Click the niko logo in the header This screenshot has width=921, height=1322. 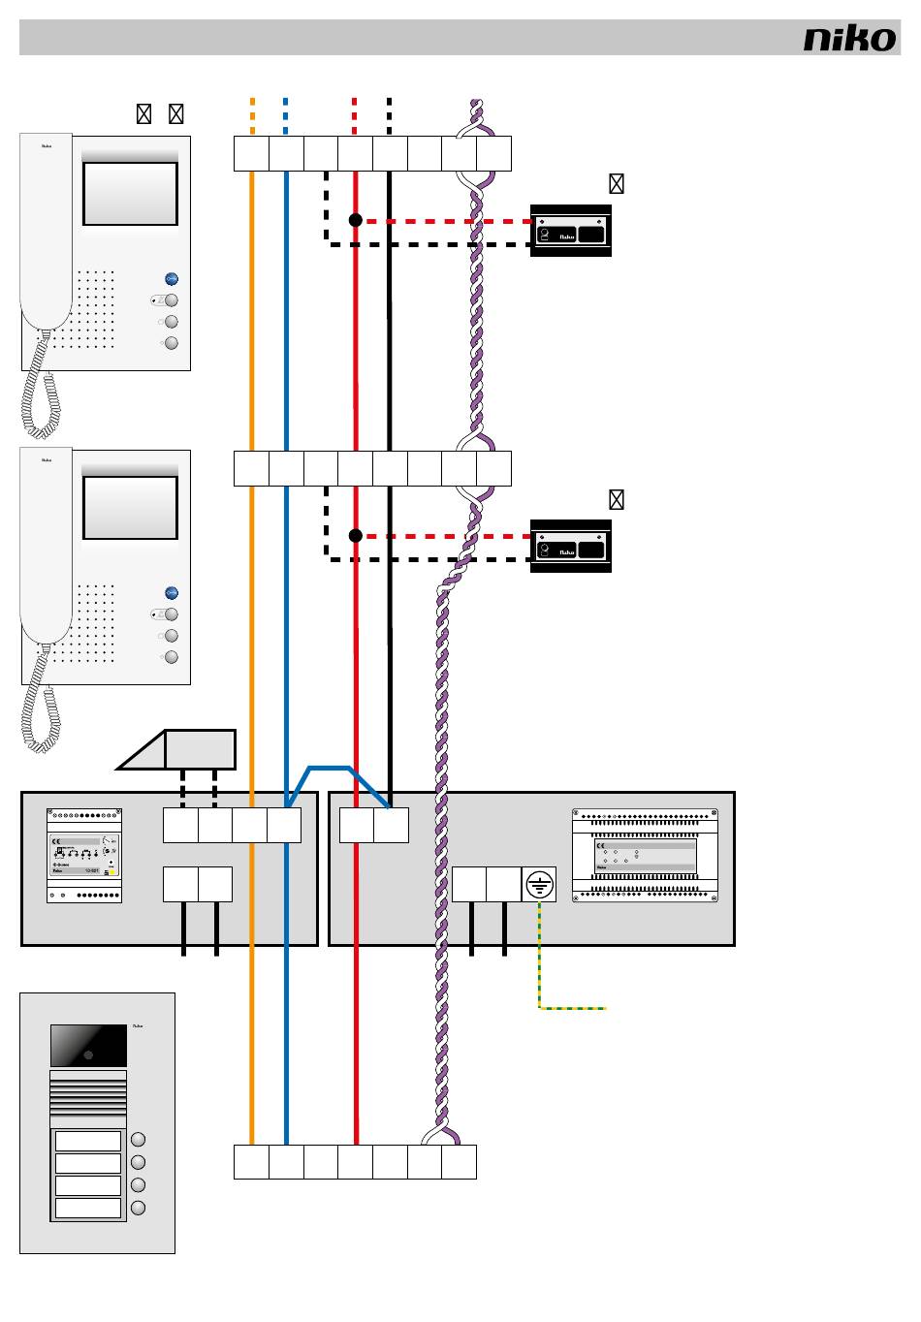coord(849,39)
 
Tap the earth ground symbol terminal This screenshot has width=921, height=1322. coord(539,884)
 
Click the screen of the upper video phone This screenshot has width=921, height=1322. coord(130,194)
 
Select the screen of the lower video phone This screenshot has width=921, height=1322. coord(130,508)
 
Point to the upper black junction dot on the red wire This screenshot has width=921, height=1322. coord(356,221)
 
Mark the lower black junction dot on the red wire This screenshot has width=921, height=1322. coord(356,536)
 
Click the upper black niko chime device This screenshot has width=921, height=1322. coord(571,231)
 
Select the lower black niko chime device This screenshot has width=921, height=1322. coord(571,547)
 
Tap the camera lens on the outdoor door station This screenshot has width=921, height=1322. coord(88,1053)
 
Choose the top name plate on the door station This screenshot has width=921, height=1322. coord(88,1141)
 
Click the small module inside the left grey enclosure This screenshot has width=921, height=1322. coord(84,855)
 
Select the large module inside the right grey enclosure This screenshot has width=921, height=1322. coord(645,856)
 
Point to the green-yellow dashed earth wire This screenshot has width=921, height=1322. coord(572,1008)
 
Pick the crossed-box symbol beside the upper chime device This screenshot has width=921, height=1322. coord(616,183)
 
